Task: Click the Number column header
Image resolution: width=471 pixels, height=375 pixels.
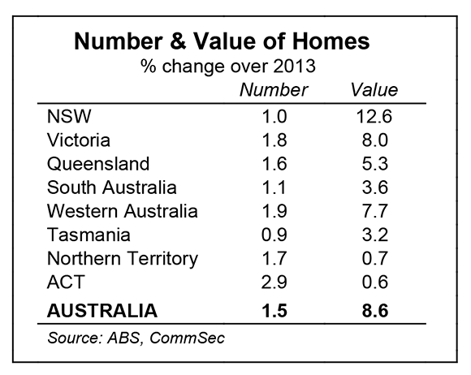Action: [274, 90]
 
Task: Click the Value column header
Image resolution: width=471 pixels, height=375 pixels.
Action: [374, 90]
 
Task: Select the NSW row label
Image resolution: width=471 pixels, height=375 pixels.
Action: [69, 116]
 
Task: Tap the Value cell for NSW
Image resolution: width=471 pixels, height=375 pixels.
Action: [374, 116]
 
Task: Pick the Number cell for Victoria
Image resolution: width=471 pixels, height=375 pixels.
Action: [274, 140]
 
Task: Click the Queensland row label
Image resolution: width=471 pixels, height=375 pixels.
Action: [98, 164]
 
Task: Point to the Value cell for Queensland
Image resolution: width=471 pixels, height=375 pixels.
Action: [375, 164]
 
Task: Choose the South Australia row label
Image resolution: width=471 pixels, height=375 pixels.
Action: [112, 187]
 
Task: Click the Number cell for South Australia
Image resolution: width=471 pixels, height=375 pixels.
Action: [274, 187]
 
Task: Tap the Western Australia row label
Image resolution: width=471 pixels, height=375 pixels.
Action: [123, 211]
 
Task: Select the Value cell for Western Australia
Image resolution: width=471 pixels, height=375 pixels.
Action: [375, 211]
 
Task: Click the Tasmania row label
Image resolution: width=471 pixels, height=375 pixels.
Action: [89, 235]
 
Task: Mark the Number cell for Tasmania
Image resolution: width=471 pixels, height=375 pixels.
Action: [274, 235]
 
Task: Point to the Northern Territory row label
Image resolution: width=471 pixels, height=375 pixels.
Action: [123, 259]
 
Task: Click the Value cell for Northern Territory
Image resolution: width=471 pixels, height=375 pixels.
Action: [375, 258]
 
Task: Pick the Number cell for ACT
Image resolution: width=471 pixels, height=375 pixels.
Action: [274, 282]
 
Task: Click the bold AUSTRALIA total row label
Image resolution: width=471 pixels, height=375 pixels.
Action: [102, 310]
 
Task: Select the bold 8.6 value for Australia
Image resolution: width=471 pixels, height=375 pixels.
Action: [375, 310]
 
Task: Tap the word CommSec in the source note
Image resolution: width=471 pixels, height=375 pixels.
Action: [187, 338]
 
